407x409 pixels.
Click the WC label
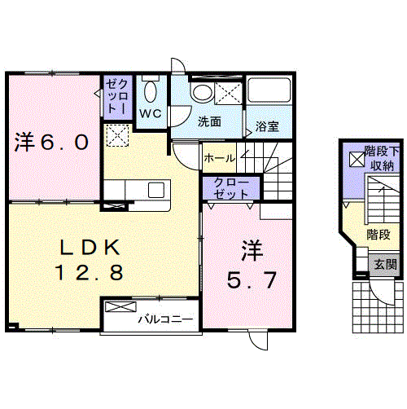click(151, 113)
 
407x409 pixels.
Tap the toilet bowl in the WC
click(151, 91)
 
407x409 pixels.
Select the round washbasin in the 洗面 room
click(202, 93)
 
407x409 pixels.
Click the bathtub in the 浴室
click(269, 90)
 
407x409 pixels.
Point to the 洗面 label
click(209, 121)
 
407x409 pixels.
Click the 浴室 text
click(267, 126)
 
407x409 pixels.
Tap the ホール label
click(220, 158)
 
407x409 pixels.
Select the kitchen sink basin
click(156, 190)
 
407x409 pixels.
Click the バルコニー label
click(165, 319)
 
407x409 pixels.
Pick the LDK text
click(90, 247)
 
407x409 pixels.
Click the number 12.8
click(90, 272)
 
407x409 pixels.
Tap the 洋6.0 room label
click(51, 142)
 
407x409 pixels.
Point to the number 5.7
click(252, 280)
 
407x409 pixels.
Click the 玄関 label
click(385, 264)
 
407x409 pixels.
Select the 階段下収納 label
click(382, 158)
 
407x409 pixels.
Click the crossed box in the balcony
click(120, 306)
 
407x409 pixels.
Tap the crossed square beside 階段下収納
click(357, 159)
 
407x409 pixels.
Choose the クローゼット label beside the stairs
click(231, 188)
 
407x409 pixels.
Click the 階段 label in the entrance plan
click(379, 235)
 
